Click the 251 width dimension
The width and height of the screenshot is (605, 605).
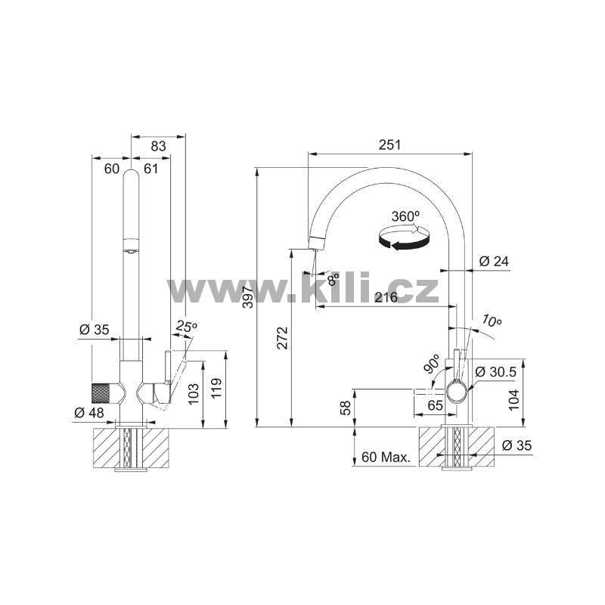point(389,144)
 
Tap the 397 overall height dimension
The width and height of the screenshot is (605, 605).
point(249,296)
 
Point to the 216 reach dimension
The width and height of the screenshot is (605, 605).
point(386,296)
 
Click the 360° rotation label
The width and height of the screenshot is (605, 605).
point(405,216)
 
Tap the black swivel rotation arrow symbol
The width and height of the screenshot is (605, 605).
point(404,239)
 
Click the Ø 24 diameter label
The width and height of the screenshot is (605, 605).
point(494,261)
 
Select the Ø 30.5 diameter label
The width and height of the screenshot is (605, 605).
point(496,371)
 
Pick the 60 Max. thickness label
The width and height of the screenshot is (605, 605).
point(386,458)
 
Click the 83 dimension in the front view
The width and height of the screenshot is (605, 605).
point(158,146)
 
